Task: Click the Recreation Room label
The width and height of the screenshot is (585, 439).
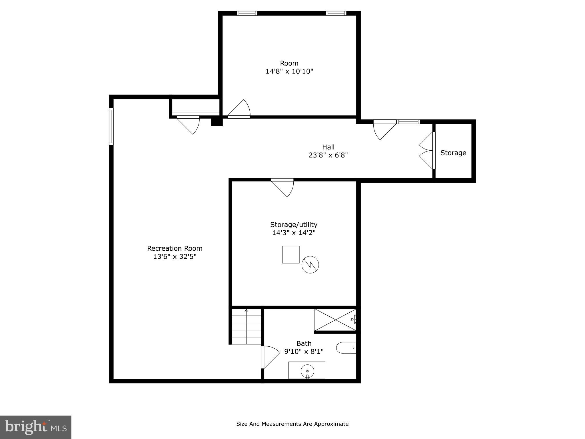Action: pos(175,248)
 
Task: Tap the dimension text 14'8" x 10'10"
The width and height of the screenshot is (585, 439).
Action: pos(289,71)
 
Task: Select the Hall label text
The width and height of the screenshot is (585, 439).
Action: pos(328,147)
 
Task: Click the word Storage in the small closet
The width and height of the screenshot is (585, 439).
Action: pos(453,153)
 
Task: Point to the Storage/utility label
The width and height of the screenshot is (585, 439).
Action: pos(294,224)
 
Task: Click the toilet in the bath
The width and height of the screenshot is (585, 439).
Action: pos(345,348)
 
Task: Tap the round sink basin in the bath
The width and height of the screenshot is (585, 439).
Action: pos(307,371)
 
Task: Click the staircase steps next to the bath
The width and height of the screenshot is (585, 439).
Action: pos(246,326)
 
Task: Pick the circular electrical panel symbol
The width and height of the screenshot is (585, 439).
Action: pos(310,265)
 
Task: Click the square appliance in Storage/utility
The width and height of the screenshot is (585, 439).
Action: pos(291,254)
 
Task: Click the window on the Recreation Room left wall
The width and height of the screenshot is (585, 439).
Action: pos(111,126)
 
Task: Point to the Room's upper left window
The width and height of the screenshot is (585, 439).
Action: pos(247,13)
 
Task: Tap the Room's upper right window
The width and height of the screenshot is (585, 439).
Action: pos(336,13)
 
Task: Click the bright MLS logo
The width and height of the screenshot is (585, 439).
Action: pos(35,427)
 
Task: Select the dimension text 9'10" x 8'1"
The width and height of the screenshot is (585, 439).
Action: pos(304,351)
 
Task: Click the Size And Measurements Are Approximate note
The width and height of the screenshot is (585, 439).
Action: pos(292,424)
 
